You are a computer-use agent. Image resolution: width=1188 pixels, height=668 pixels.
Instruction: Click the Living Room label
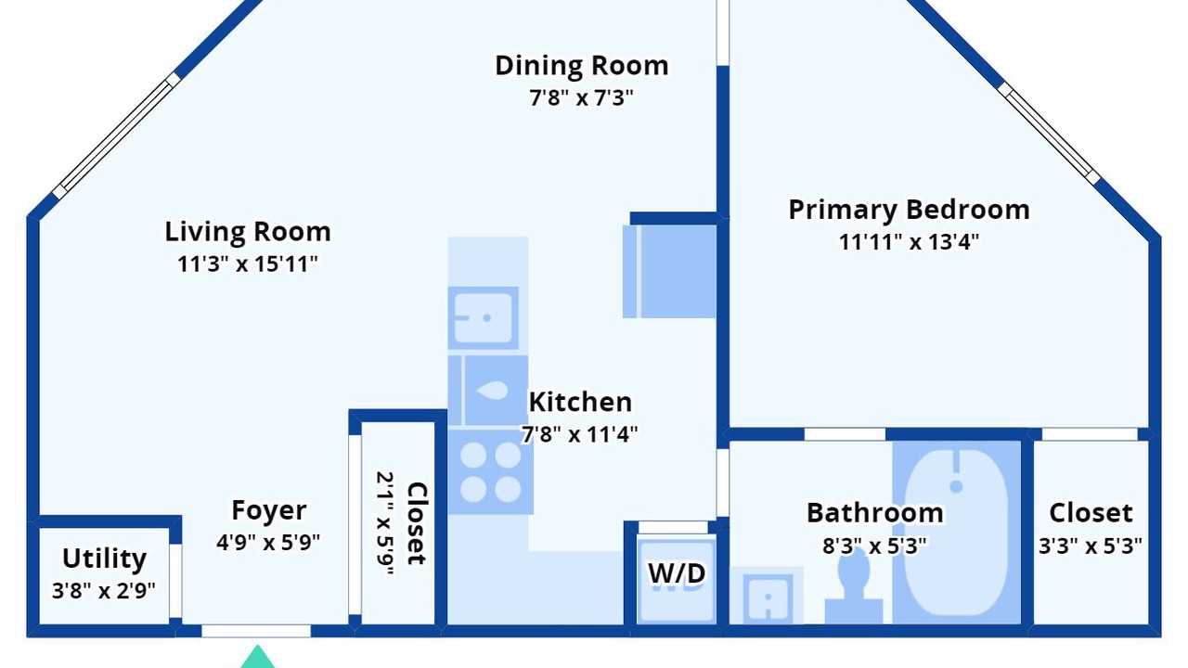point(248,232)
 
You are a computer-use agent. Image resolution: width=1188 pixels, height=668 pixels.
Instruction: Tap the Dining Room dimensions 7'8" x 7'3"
point(581,98)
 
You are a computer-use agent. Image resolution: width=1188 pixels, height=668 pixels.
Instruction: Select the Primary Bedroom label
point(909,210)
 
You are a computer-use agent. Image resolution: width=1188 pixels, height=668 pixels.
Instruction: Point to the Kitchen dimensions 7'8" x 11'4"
point(580,435)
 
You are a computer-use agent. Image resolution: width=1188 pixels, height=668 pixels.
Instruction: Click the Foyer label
point(269,510)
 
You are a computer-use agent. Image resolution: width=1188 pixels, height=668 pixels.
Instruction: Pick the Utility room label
point(105,559)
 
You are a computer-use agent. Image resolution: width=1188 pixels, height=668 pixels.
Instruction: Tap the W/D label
point(677,573)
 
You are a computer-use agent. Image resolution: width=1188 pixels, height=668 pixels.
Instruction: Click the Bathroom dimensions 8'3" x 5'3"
point(874,546)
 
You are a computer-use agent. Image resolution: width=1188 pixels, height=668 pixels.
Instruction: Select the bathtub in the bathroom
point(956,533)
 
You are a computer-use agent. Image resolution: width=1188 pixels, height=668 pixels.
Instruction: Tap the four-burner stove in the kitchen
point(491,472)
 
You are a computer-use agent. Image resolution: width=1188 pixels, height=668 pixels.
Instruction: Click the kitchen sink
point(484,318)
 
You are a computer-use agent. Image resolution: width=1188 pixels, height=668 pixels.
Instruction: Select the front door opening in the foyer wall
point(256,631)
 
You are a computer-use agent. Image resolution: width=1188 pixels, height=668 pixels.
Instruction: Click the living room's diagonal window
point(117,136)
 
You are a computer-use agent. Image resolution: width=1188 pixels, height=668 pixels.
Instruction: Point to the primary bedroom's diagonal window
point(1049,133)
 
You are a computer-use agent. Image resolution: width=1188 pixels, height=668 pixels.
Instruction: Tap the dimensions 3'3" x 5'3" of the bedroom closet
point(1091,546)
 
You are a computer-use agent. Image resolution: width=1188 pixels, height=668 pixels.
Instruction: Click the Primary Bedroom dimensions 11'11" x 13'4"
point(909,242)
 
